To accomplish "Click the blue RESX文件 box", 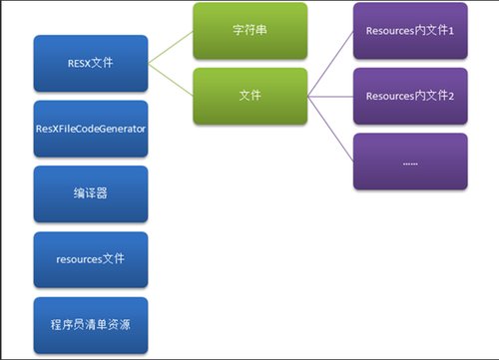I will pos(91,64).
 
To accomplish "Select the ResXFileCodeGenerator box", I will pos(91,129).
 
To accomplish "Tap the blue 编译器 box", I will pos(91,193).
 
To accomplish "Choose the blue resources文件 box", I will pos(91,259).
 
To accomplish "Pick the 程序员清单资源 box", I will pos(91,325).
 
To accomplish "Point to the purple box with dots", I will pos(409,161).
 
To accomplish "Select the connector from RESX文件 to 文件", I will pos(173,80).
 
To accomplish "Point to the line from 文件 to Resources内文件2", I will pos(330,97).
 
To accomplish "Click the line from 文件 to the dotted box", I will pos(330,129).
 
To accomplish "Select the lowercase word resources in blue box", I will pos(80,259).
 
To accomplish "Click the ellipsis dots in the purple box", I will pos(409,163).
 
